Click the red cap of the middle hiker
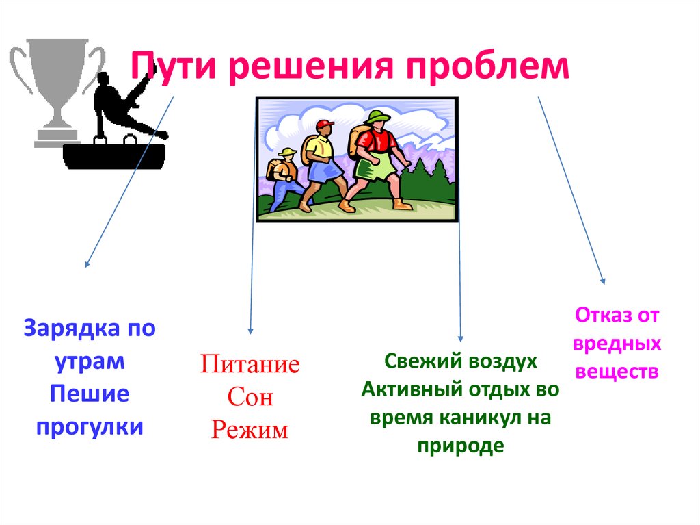pyautogui.click(x=325, y=125)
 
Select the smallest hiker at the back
pyautogui.click(x=283, y=177)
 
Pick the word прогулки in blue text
pyautogui.click(x=90, y=426)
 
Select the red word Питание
pyautogui.click(x=250, y=363)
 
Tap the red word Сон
pyautogui.click(x=250, y=396)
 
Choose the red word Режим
pyautogui.click(x=250, y=430)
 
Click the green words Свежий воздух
pyautogui.click(x=461, y=361)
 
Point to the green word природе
pyautogui.click(x=460, y=446)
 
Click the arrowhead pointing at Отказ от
pyautogui.click(x=603, y=280)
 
